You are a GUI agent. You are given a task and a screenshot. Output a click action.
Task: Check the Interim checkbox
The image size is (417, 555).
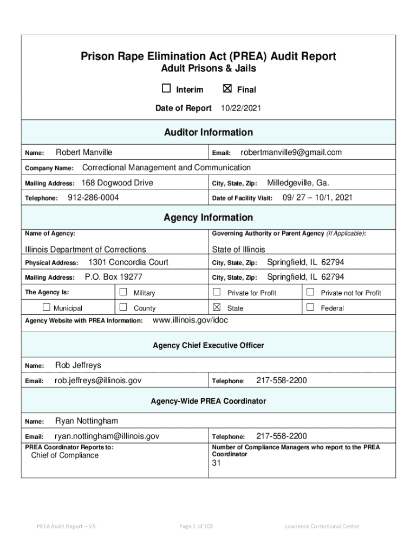166,89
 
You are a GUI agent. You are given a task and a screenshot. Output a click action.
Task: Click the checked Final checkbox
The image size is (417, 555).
227,89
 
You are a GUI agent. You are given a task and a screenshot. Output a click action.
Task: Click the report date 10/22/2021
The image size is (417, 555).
240,108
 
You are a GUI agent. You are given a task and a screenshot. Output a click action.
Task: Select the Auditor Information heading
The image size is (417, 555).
208,132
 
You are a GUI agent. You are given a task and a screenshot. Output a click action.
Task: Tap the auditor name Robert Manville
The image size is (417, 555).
84,153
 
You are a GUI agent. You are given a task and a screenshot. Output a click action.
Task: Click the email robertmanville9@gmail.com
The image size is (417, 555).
291,153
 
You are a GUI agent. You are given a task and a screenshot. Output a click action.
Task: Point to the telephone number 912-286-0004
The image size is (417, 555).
93,198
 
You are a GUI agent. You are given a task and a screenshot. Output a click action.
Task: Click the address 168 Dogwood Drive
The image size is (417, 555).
117,183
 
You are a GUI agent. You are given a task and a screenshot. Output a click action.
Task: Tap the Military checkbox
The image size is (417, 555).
123,292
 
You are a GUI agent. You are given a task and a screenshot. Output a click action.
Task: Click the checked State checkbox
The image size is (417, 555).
217,307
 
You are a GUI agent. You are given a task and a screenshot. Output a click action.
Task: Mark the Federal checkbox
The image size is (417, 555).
310,307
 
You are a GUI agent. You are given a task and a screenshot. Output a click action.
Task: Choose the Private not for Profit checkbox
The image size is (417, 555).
310,292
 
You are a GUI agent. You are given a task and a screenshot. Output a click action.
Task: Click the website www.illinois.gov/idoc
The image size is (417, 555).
191,320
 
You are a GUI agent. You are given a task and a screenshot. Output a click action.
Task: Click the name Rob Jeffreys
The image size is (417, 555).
78,365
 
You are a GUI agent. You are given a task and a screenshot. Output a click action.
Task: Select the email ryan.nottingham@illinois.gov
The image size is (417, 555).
107,436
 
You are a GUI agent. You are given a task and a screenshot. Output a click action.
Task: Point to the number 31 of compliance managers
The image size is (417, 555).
217,463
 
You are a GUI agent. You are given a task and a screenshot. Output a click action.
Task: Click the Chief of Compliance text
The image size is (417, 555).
65,455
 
